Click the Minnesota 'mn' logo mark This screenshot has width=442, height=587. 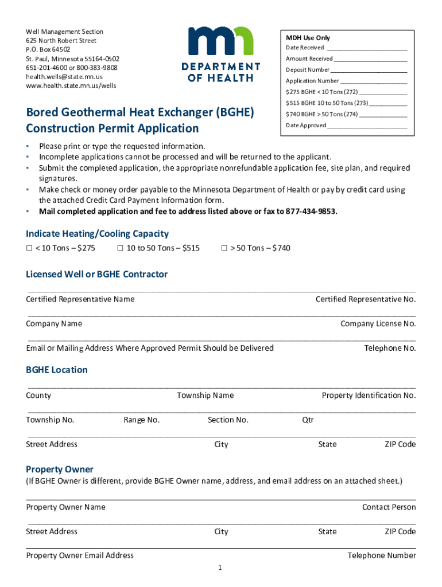[221, 42]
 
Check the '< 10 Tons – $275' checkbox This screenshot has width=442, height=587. [29, 248]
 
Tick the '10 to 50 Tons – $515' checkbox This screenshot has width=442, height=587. [120, 248]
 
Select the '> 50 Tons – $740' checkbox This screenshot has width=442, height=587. [224, 248]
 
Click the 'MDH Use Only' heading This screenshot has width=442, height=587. [308, 38]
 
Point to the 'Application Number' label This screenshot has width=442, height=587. [312, 81]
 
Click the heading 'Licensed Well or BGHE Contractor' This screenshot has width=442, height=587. [96, 275]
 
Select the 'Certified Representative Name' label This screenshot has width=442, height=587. [80, 299]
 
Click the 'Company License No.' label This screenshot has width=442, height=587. [378, 324]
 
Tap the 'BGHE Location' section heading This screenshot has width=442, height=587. [57, 370]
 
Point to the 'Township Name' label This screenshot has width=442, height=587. [205, 396]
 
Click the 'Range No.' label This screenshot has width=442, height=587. [141, 420]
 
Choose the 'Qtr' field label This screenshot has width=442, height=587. [308, 420]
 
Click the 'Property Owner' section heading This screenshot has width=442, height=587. [60, 469]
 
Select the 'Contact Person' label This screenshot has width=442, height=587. [389, 507]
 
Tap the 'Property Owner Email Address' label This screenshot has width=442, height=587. [80, 555]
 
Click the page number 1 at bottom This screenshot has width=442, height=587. [220, 568]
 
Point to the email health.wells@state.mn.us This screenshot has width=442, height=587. [64, 77]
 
